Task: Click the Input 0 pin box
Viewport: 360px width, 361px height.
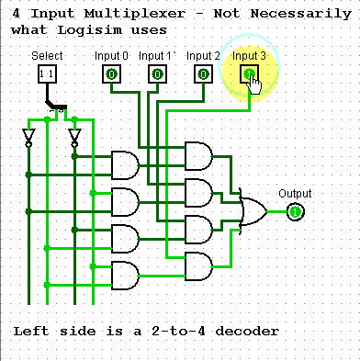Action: (x=111, y=73)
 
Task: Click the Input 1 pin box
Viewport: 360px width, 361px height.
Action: (x=157, y=73)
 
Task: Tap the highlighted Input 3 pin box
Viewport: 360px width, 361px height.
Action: (x=249, y=73)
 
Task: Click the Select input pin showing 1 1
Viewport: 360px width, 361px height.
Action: (x=47, y=73)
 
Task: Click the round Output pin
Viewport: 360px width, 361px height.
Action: (x=295, y=212)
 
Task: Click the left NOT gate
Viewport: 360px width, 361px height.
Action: (x=28, y=138)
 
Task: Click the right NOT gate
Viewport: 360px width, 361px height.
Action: (x=74, y=138)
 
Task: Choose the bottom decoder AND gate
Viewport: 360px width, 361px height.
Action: (x=125, y=273)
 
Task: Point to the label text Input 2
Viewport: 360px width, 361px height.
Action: (x=204, y=56)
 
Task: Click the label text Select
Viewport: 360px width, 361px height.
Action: (x=47, y=56)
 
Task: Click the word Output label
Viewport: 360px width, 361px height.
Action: (x=295, y=194)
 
